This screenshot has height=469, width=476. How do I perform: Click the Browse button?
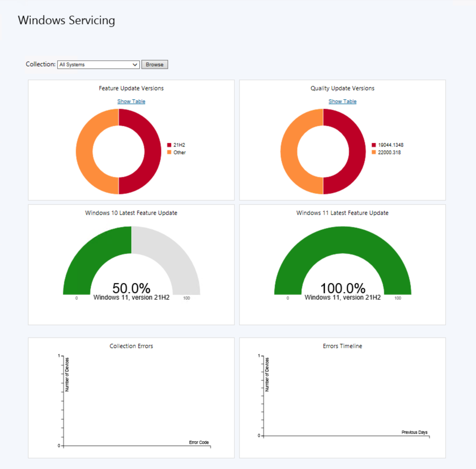pyautogui.click(x=154, y=64)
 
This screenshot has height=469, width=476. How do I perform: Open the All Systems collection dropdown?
pyautogui.click(x=98, y=64)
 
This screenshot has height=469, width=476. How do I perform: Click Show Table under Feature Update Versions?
pyautogui.click(x=131, y=101)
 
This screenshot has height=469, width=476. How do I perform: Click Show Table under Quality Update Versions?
pyautogui.click(x=342, y=101)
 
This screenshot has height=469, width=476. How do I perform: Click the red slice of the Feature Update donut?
pyautogui.click(x=153, y=151)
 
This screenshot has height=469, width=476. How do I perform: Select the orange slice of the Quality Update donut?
pyautogui.click(x=289, y=151)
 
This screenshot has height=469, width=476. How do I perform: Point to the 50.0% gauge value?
pyautogui.click(x=131, y=288)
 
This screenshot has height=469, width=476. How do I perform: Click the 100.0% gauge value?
pyautogui.click(x=343, y=288)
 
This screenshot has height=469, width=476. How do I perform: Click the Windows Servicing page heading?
pyautogui.click(x=66, y=20)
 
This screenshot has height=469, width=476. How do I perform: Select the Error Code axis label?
pyautogui.click(x=199, y=442)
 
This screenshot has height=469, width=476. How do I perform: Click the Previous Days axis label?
pyautogui.click(x=414, y=432)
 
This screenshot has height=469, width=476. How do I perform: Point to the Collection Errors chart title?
pyautogui.click(x=131, y=346)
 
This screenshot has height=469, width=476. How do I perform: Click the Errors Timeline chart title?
pyautogui.click(x=342, y=346)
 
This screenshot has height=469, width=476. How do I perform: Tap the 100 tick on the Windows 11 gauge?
pyautogui.click(x=397, y=298)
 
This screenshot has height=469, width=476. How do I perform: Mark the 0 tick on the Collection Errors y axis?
pyautogui.click(x=59, y=446)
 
